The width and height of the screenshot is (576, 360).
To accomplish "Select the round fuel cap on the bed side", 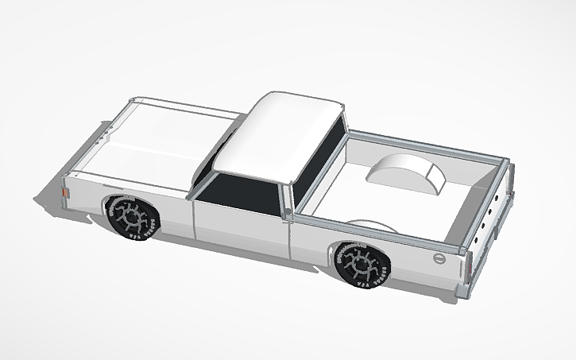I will point(439,260).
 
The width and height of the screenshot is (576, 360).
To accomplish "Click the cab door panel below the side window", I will point(238,226).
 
